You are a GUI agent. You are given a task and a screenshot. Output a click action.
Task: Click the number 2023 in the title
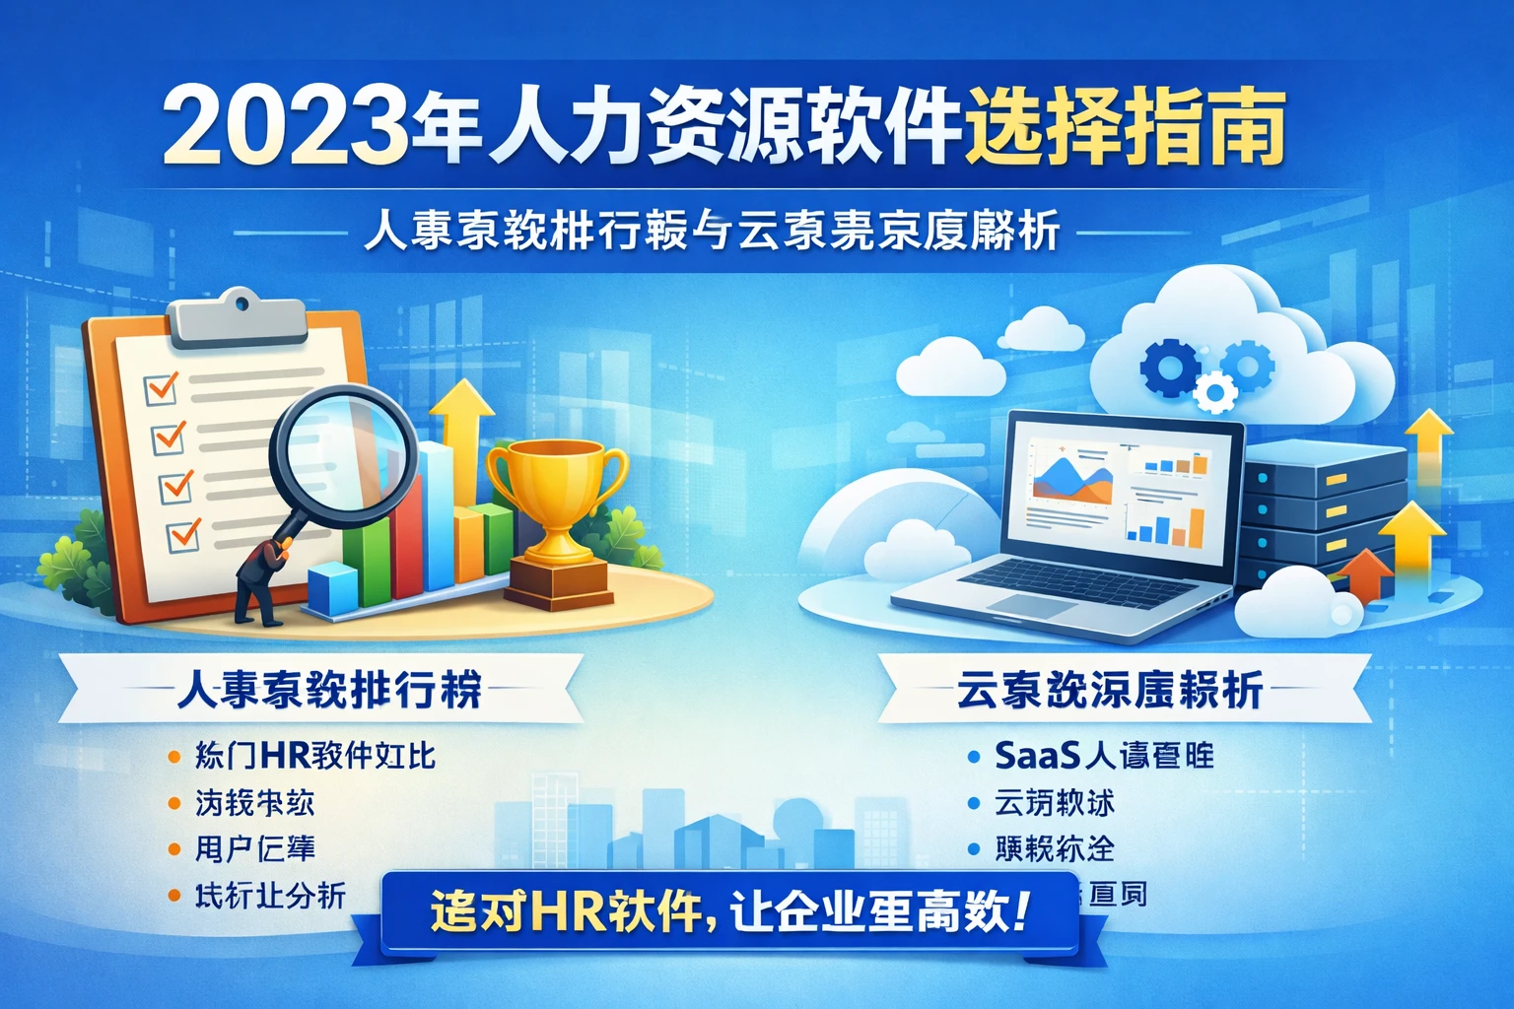click(x=285, y=129)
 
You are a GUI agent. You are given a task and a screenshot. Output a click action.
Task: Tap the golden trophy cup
click(x=557, y=493)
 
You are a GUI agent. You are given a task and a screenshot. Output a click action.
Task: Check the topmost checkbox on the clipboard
click(x=161, y=386)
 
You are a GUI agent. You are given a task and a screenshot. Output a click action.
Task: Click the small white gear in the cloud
click(x=1215, y=394)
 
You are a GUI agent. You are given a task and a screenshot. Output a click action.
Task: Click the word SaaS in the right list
click(x=1038, y=756)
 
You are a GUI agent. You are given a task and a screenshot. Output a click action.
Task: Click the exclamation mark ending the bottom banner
click(x=1019, y=910)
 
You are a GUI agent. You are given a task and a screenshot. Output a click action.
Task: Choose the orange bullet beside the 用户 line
click(x=174, y=848)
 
